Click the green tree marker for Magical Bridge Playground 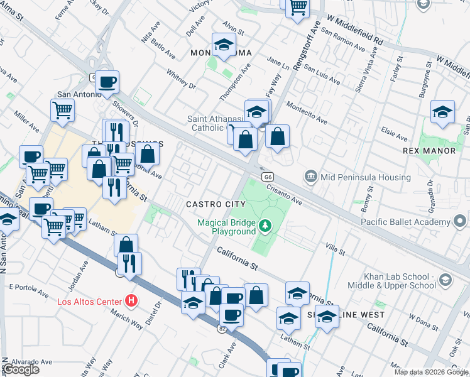pyautogui.click(x=266, y=225)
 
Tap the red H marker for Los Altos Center pyautogui.click(x=131, y=301)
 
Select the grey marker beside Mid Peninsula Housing pyautogui.click(x=310, y=177)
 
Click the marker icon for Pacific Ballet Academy pyautogui.click(x=461, y=222)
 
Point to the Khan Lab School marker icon pyautogui.click(x=445, y=280)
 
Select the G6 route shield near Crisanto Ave pyautogui.click(x=268, y=177)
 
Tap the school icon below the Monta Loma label pyautogui.click(x=222, y=45)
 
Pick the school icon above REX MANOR pyautogui.click(x=443, y=112)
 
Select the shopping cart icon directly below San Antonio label pyautogui.click(x=62, y=111)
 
